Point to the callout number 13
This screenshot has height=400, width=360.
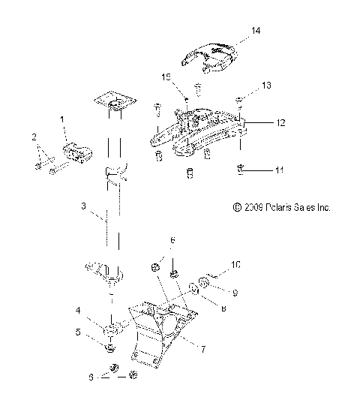(266, 86)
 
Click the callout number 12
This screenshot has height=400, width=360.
(280, 121)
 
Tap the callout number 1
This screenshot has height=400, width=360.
(62, 120)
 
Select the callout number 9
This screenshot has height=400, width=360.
(233, 293)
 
